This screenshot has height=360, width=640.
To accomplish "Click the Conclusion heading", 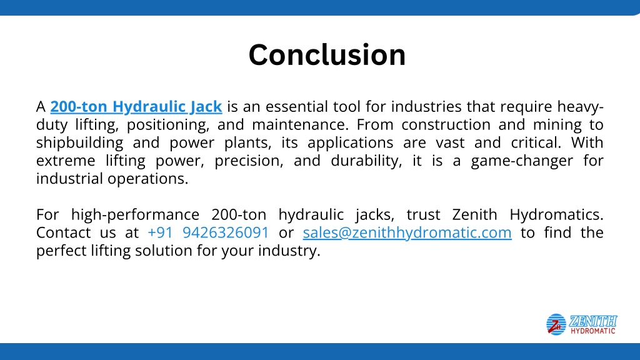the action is (x=327, y=55).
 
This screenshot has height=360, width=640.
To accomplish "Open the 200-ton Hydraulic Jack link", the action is (x=136, y=106).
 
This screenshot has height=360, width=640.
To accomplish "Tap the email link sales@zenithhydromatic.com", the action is (x=407, y=232).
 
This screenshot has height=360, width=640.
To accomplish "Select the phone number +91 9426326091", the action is (x=208, y=232).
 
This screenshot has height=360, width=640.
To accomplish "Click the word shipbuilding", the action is (x=79, y=143).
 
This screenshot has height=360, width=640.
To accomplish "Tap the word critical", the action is (x=536, y=142).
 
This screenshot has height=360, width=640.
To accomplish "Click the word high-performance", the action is (x=135, y=215).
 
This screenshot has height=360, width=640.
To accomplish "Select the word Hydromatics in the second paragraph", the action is (x=556, y=215).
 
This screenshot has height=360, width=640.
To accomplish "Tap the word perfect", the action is (x=61, y=251).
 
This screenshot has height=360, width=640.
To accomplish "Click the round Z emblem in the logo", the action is (x=556, y=324).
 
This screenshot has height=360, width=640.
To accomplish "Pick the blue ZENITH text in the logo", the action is (x=593, y=321).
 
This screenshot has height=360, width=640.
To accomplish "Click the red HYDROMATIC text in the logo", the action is (x=593, y=331).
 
